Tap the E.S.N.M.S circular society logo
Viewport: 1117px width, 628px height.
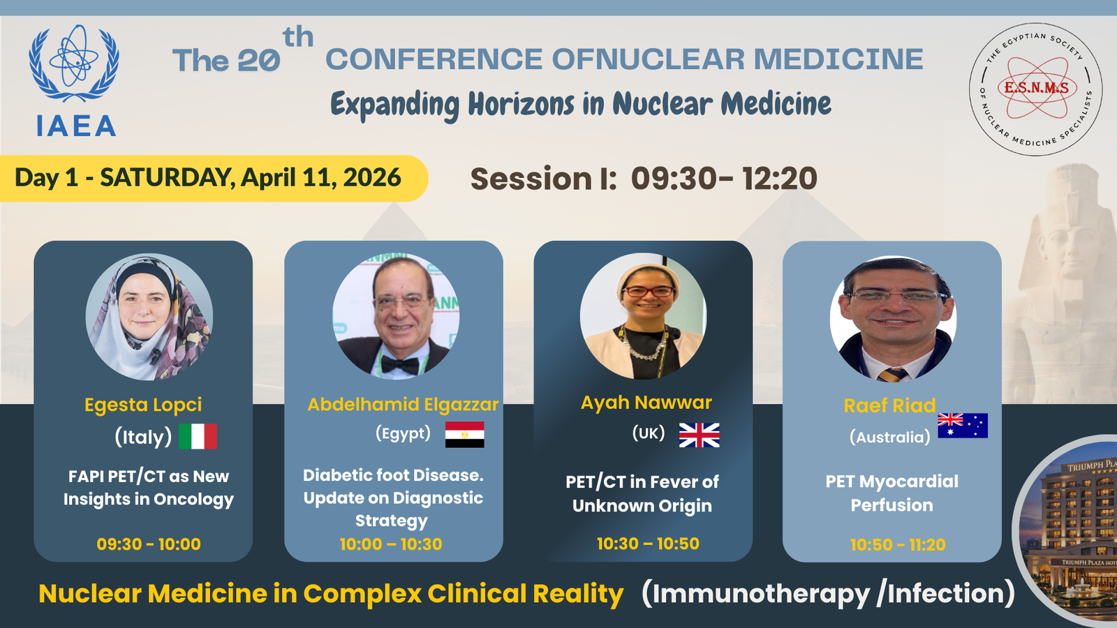click(x=1036, y=89)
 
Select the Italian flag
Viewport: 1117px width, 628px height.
click(x=198, y=437)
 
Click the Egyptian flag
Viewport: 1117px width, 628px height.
click(x=464, y=435)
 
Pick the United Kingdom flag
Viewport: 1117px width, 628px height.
click(x=699, y=435)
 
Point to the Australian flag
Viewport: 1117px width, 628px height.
click(x=963, y=426)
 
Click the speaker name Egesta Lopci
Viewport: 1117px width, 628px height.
click(x=143, y=405)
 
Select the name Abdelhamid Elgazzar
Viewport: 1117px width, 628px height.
click(x=403, y=404)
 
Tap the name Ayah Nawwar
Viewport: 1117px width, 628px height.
click(x=646, y=403)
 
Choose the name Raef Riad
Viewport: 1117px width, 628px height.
click(x=889, y=405)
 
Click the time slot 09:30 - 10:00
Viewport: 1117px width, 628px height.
click(x=149, y=544)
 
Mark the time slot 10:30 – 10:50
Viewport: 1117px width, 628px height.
click(x=648, y=544)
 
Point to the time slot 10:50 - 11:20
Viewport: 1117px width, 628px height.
click(x=898, y=544)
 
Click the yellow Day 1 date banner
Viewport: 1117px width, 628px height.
click(x=214, y=178)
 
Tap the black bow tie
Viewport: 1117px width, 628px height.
click(x=401, y=366)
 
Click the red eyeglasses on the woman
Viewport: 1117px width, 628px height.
click(x=649, y=291)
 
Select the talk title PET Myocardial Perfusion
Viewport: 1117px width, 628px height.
click(x=892, y=493)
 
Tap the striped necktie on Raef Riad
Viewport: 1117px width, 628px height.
click(x=893, y=375)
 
